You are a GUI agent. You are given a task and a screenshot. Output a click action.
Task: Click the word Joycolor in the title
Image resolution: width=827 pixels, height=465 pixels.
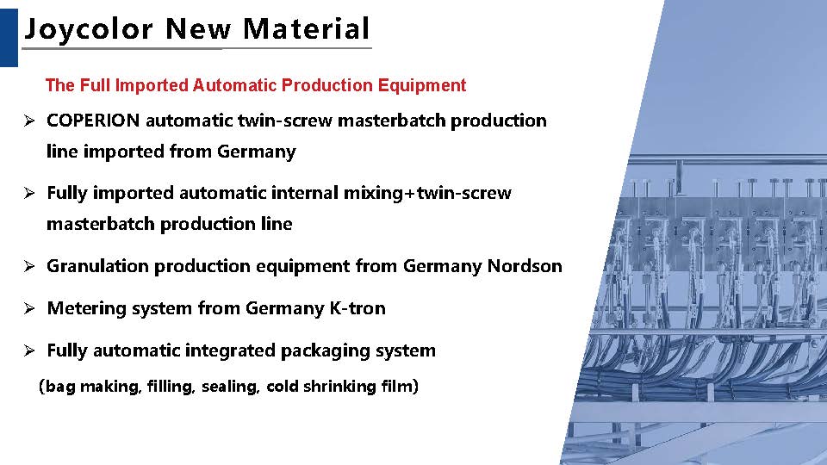89,29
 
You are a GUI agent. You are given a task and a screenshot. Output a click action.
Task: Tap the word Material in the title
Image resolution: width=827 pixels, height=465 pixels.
306,28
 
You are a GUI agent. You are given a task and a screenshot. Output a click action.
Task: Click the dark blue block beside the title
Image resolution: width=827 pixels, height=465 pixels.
9,37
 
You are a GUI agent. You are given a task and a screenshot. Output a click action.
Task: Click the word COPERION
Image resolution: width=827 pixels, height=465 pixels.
93,121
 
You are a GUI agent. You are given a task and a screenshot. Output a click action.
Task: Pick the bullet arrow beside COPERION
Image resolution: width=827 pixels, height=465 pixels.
29,121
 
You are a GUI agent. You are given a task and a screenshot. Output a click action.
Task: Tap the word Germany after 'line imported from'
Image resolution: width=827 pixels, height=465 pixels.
257,152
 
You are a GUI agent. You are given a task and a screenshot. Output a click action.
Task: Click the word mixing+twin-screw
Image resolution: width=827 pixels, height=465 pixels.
427,193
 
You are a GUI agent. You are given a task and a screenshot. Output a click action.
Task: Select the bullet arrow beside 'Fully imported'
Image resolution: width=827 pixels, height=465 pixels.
29,193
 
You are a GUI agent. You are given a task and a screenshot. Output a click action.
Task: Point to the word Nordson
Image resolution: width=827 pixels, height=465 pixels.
525,266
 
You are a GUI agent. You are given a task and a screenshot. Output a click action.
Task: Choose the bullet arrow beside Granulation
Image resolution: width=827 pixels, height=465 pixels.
29,266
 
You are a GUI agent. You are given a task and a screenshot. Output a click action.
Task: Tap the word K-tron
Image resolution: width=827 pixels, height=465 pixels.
358,308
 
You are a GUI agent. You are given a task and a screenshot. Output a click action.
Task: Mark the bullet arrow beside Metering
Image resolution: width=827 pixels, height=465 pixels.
29,308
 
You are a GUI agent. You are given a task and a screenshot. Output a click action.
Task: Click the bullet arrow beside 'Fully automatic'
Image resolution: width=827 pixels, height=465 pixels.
29,350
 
